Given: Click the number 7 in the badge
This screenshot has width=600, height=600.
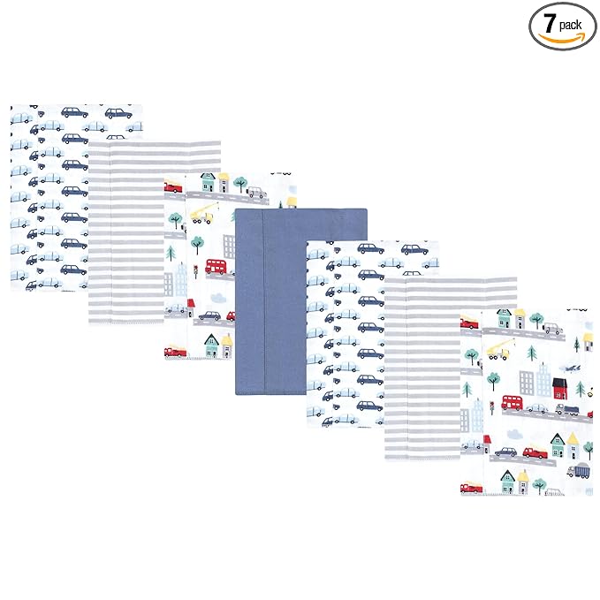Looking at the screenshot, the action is click(550, 23).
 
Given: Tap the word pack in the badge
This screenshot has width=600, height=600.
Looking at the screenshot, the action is click(570, 26).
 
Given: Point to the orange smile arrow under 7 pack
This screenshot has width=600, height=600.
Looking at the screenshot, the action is click(562, 38).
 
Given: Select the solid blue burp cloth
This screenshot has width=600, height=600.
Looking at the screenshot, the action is click(301, 301).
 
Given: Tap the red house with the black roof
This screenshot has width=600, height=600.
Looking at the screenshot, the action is click(560, 388).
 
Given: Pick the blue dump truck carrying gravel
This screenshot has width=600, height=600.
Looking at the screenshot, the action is click(577, 470).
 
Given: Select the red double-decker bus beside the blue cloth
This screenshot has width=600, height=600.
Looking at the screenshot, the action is click(216, 266).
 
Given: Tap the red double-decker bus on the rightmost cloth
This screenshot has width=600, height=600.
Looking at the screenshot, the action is click(512, 403).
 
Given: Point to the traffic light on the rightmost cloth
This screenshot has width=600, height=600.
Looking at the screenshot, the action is click(491, 408).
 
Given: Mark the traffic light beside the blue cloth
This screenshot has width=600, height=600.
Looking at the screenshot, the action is click(195, 271).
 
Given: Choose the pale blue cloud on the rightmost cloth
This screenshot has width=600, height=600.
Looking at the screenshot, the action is click(514, 434).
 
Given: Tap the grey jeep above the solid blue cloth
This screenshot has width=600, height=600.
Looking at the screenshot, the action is click(256, 193).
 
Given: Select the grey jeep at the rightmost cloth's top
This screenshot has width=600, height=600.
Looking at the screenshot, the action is click(554, 329).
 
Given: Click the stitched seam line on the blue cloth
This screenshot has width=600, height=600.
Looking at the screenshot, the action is click(263, 301).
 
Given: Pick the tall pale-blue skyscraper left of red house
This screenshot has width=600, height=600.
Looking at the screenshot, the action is click(543, 379).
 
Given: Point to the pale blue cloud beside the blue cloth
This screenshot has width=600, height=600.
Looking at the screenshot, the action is click(217, 297).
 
